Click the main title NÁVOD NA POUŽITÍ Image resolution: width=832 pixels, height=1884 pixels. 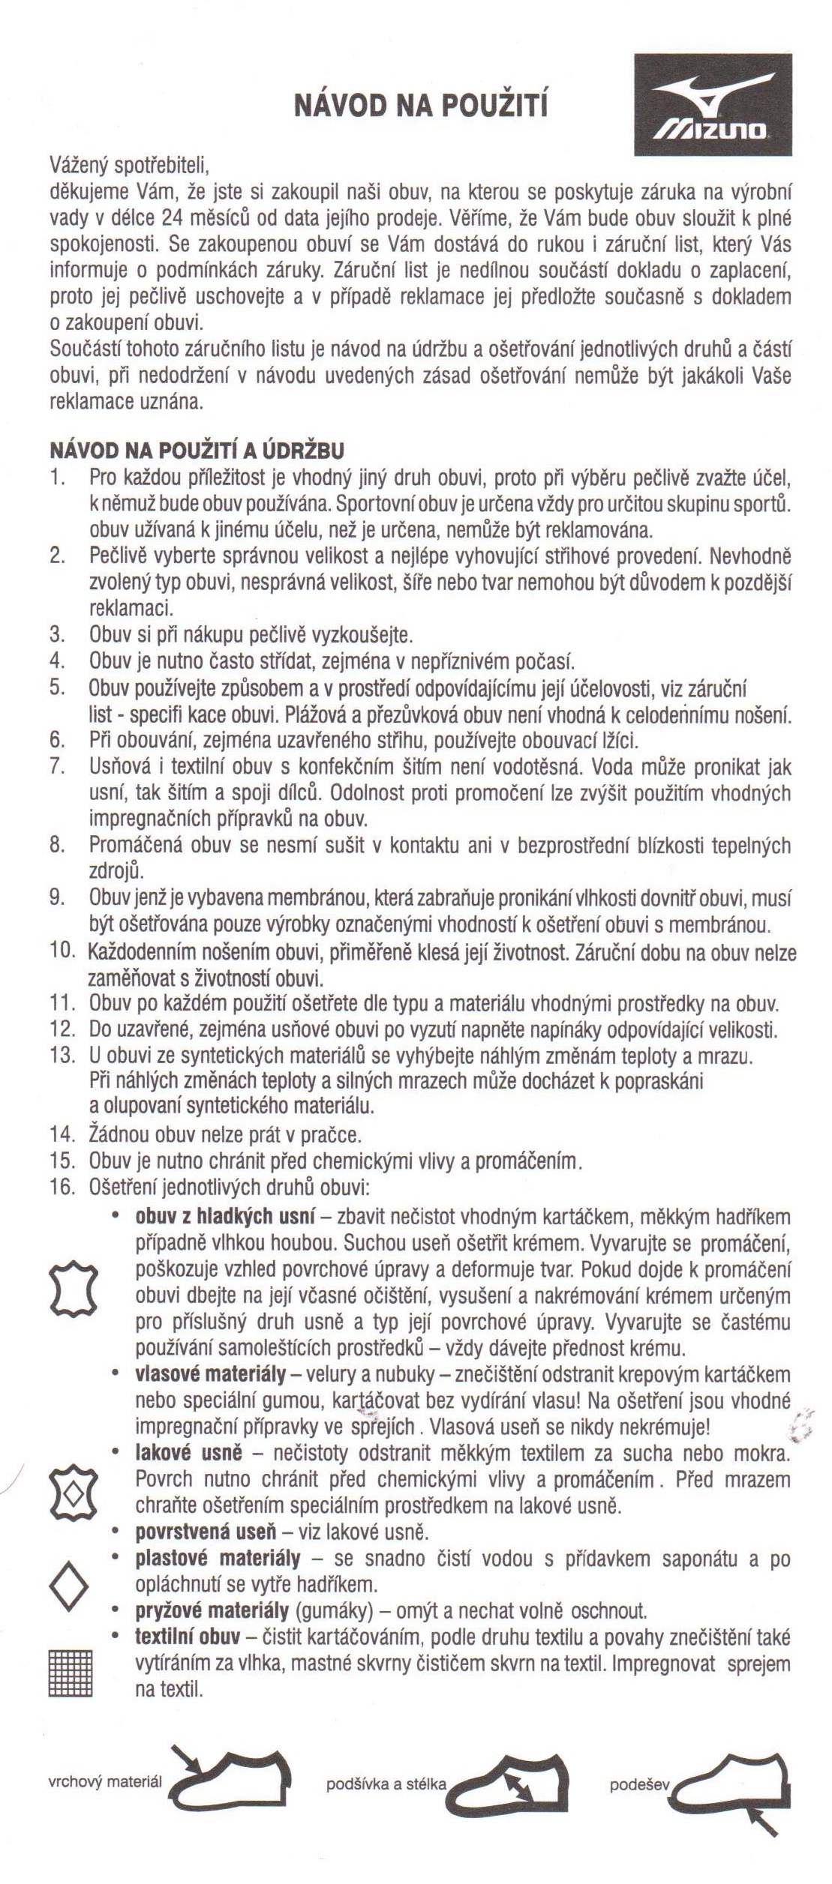420,106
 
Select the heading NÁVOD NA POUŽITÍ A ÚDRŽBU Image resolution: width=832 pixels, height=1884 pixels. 197,451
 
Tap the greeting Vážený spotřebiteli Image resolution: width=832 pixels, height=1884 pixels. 128,163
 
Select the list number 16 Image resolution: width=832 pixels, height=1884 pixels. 62,1187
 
